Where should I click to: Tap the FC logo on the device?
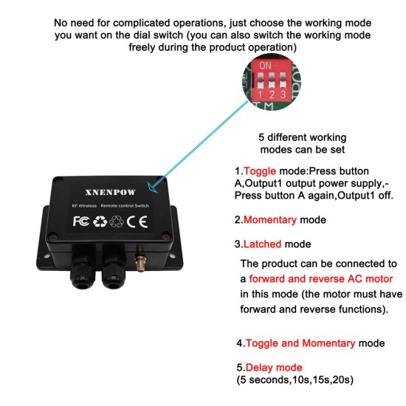click(82, 220)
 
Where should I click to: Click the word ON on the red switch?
click(264, 65)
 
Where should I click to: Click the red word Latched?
click(265, 244)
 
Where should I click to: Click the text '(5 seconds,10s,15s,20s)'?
click(295, 379)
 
